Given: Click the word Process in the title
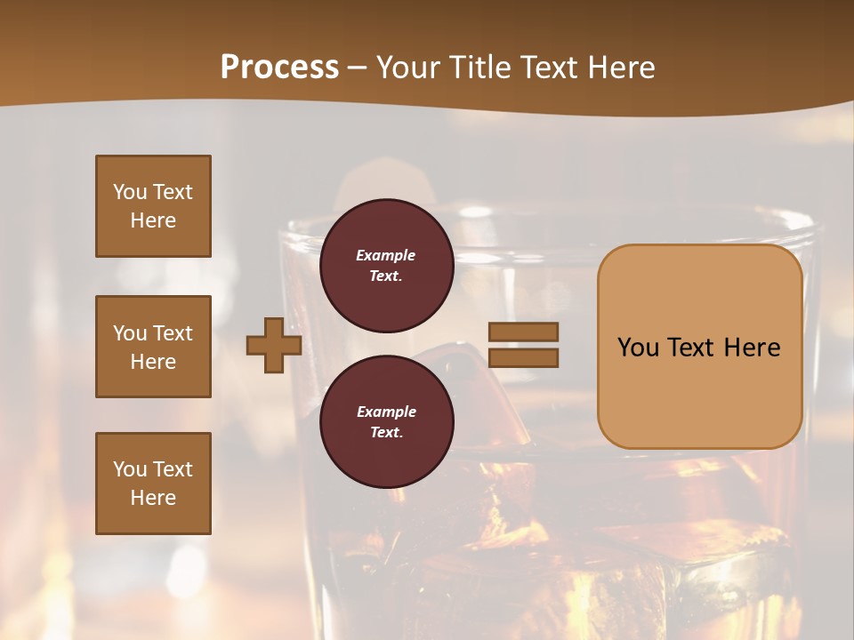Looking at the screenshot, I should [x=279, y=68].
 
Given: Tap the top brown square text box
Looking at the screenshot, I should [x=153, y=206].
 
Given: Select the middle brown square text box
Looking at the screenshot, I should [x=153, y=347].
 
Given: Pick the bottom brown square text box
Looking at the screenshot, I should [x=153, y=484].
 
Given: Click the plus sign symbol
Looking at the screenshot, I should [x=274, y=345].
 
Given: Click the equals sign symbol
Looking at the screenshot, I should [x=523, y=345].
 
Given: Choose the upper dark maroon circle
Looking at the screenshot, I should [x=386, y=265].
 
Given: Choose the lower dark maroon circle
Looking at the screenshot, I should [x=386, y=421].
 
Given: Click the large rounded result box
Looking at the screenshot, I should [x=699, y=346].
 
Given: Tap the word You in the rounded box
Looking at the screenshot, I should [x=638, y=348].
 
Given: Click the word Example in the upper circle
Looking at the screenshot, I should [x=386, y=255].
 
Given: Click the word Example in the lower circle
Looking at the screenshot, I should [x=386, y=412].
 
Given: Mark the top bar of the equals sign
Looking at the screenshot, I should [x=523, y=332].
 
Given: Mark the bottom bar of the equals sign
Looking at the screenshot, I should [x=523, y=357].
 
